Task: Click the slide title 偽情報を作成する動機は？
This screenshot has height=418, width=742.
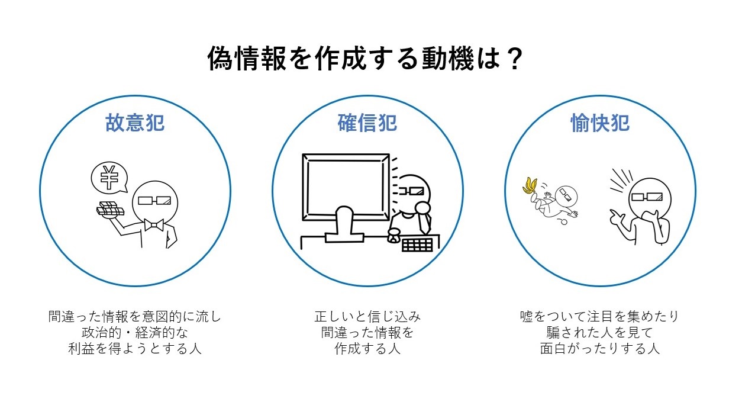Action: click(364, 59)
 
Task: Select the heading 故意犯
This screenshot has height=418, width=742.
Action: click(135, 123)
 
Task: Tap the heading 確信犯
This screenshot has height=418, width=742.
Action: click(367, 123)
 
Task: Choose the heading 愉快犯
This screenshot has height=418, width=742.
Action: click(600, 123)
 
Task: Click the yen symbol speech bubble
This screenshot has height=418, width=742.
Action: click(109, 178)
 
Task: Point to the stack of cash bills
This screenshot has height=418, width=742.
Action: click(110, 210)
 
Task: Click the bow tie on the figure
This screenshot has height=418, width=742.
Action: click(154, 225)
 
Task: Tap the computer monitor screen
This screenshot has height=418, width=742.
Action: click(346, 187)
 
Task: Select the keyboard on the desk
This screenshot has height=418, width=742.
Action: click(417, 245)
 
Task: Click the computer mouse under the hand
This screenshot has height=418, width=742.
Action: click(394, 237)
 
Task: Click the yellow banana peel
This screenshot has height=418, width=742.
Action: click(530, 186)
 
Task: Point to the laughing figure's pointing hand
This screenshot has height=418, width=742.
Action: click(617, 217)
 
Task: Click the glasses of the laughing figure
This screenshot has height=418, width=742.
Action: click(647, 197)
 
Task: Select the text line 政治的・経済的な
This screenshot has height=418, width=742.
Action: click(135, 333)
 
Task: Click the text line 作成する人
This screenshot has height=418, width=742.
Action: click(367, 348)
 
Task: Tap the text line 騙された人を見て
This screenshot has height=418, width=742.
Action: click(600, 333)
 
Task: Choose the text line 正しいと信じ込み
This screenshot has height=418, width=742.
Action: click(367, 317)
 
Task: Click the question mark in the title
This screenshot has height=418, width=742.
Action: click(514, 59)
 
